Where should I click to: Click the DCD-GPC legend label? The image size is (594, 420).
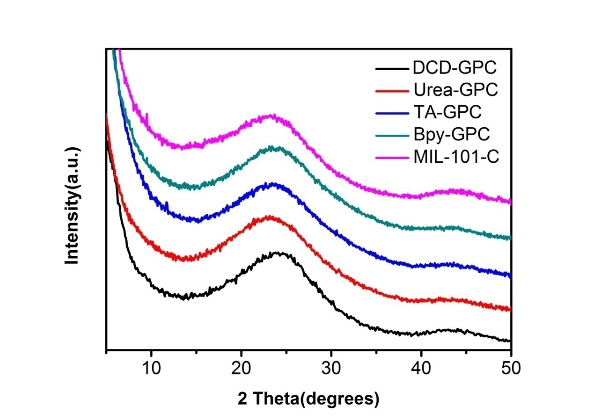click(x=455, y=68)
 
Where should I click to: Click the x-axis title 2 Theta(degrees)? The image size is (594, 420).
click(x=308, y=398)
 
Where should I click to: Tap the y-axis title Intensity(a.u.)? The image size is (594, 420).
click(x=73, y=206)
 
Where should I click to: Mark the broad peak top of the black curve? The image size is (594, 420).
click(x=277, y=253)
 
